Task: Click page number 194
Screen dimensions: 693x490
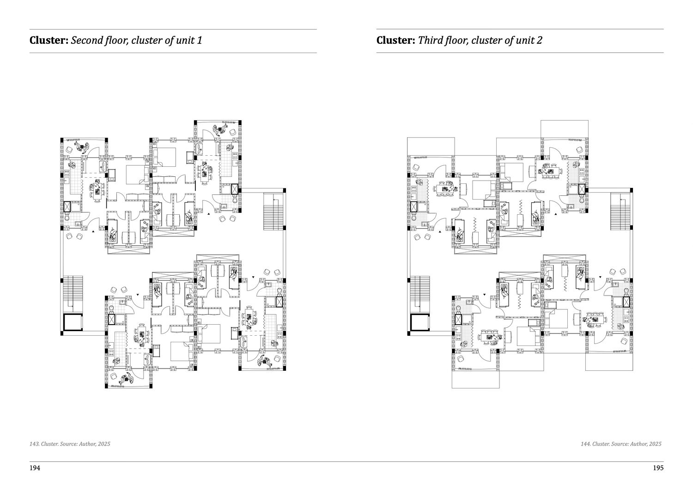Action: pos(35,468)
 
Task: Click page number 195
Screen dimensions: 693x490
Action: pos(658,468)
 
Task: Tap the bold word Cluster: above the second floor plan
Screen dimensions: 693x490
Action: pos(49,41)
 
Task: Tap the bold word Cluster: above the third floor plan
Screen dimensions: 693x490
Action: pos(395,41)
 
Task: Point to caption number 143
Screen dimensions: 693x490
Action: pos(34,444)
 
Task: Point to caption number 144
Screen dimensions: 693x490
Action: pos(585,444)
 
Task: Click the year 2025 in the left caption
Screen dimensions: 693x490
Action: pos(104,444)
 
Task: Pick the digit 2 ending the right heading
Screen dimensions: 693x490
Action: pos(540,41)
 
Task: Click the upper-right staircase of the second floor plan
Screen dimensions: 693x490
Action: pos(274,211)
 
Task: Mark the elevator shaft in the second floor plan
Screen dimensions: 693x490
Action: pos(73,322)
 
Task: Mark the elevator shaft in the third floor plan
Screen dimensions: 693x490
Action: pos(420,322)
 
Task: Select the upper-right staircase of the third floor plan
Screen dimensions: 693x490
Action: pos(620,211)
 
